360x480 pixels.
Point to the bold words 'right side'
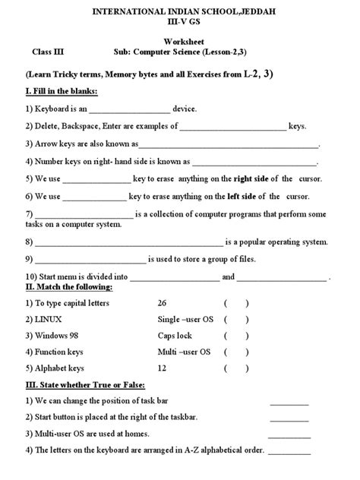tap(254, 178)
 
